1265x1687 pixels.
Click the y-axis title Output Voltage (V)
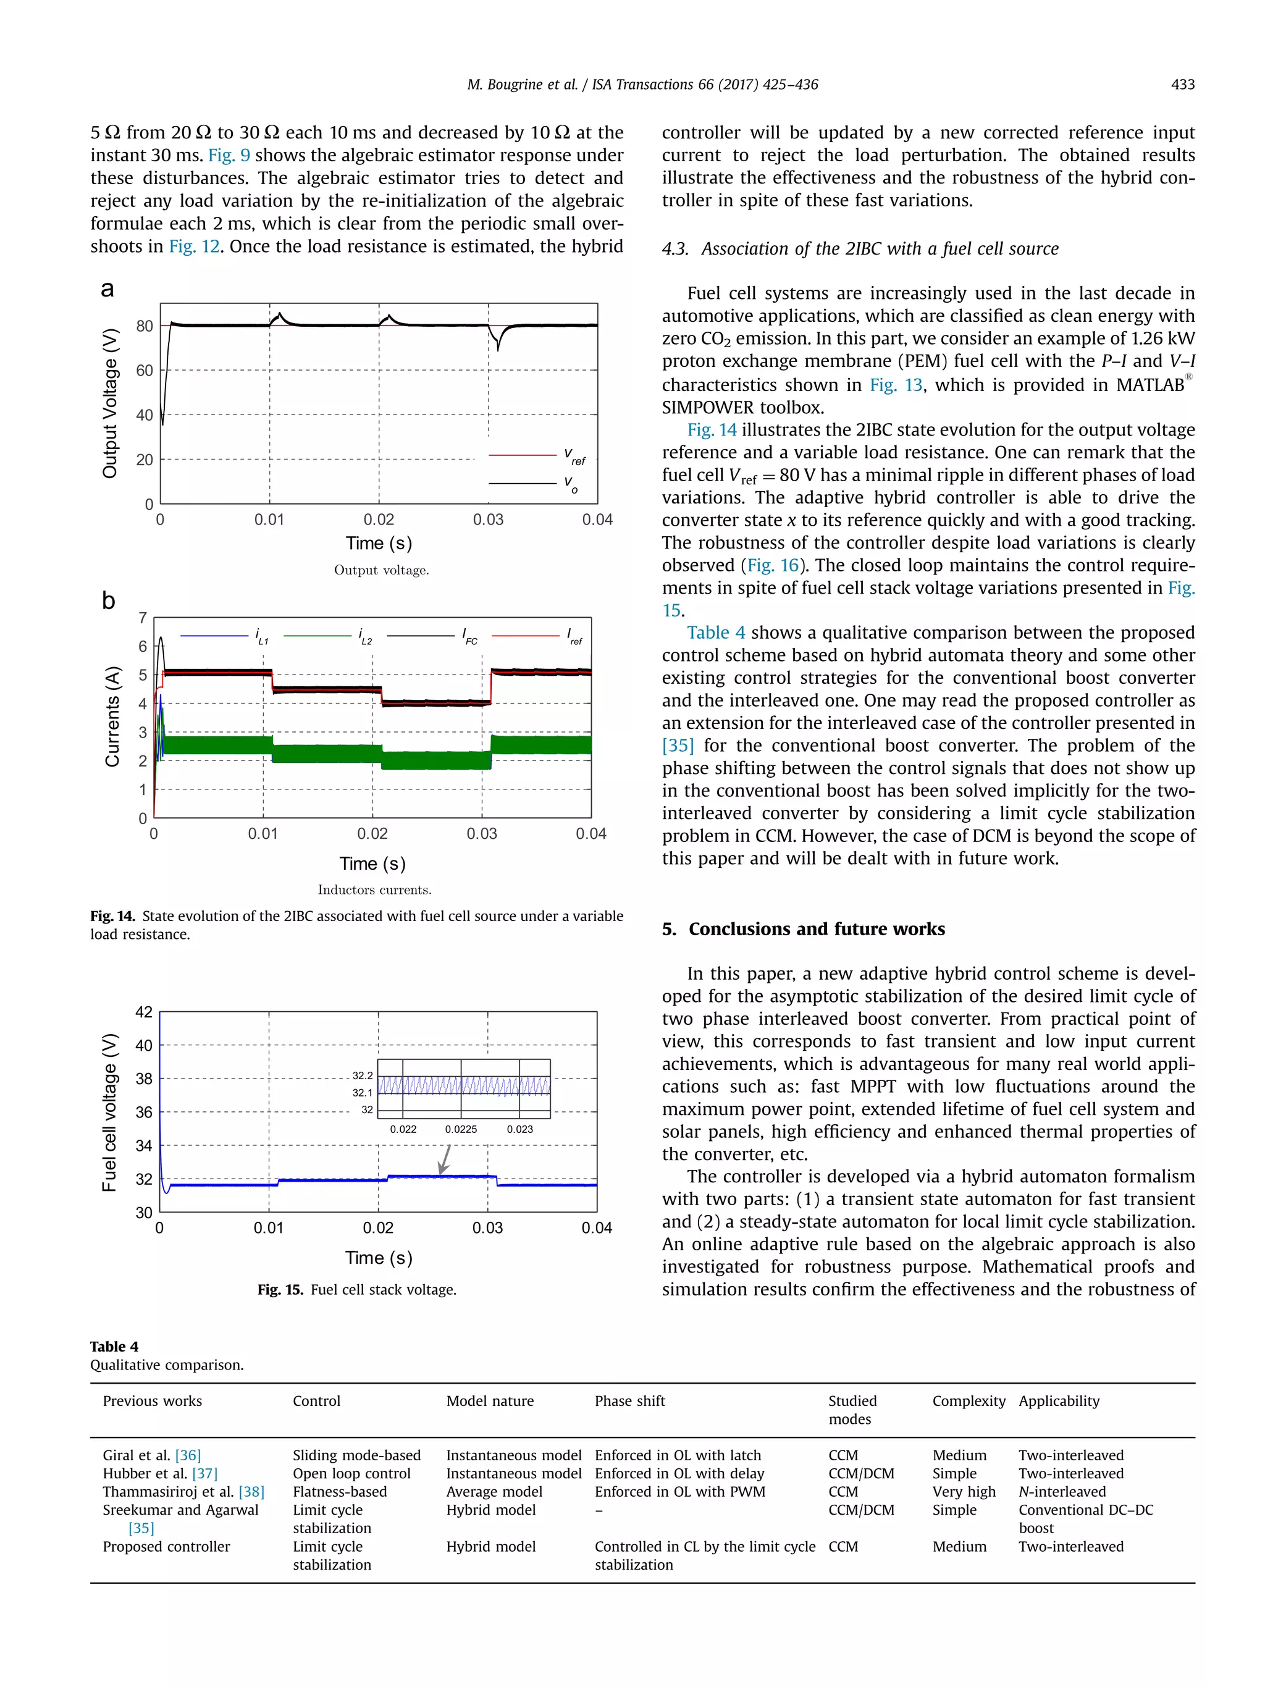(x=111, y=403)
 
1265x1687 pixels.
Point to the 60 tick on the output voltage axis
(x=144, y=371)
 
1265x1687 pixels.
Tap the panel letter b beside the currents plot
(x=108, y=601)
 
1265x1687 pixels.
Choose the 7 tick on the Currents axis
(x=143, y=618)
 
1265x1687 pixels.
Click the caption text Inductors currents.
(x=374, y=890)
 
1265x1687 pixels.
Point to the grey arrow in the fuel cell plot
(x=445, y=1159)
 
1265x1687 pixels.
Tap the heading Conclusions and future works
(x=816, y=929)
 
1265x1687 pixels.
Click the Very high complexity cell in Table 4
(x=964, y=1492)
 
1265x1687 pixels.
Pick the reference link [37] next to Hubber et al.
(x=204, y=1473)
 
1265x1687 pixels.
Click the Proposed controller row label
(x=166, y=1547)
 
